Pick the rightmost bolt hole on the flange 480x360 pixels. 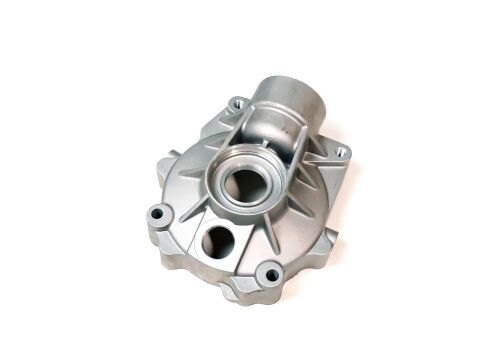point(341,152)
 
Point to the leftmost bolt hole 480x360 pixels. point(158,212)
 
